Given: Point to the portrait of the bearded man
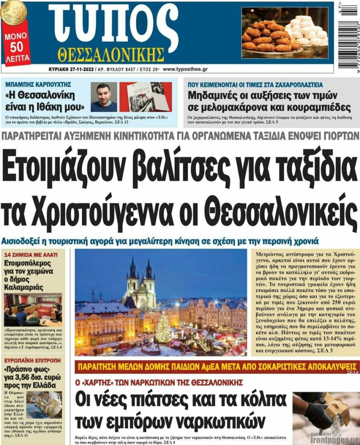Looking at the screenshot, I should (103, 97).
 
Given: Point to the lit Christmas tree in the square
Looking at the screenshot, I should (163, 328).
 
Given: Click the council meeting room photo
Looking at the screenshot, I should (33, 310).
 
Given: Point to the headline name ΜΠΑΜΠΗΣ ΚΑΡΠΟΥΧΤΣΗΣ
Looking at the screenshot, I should (38, 85).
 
